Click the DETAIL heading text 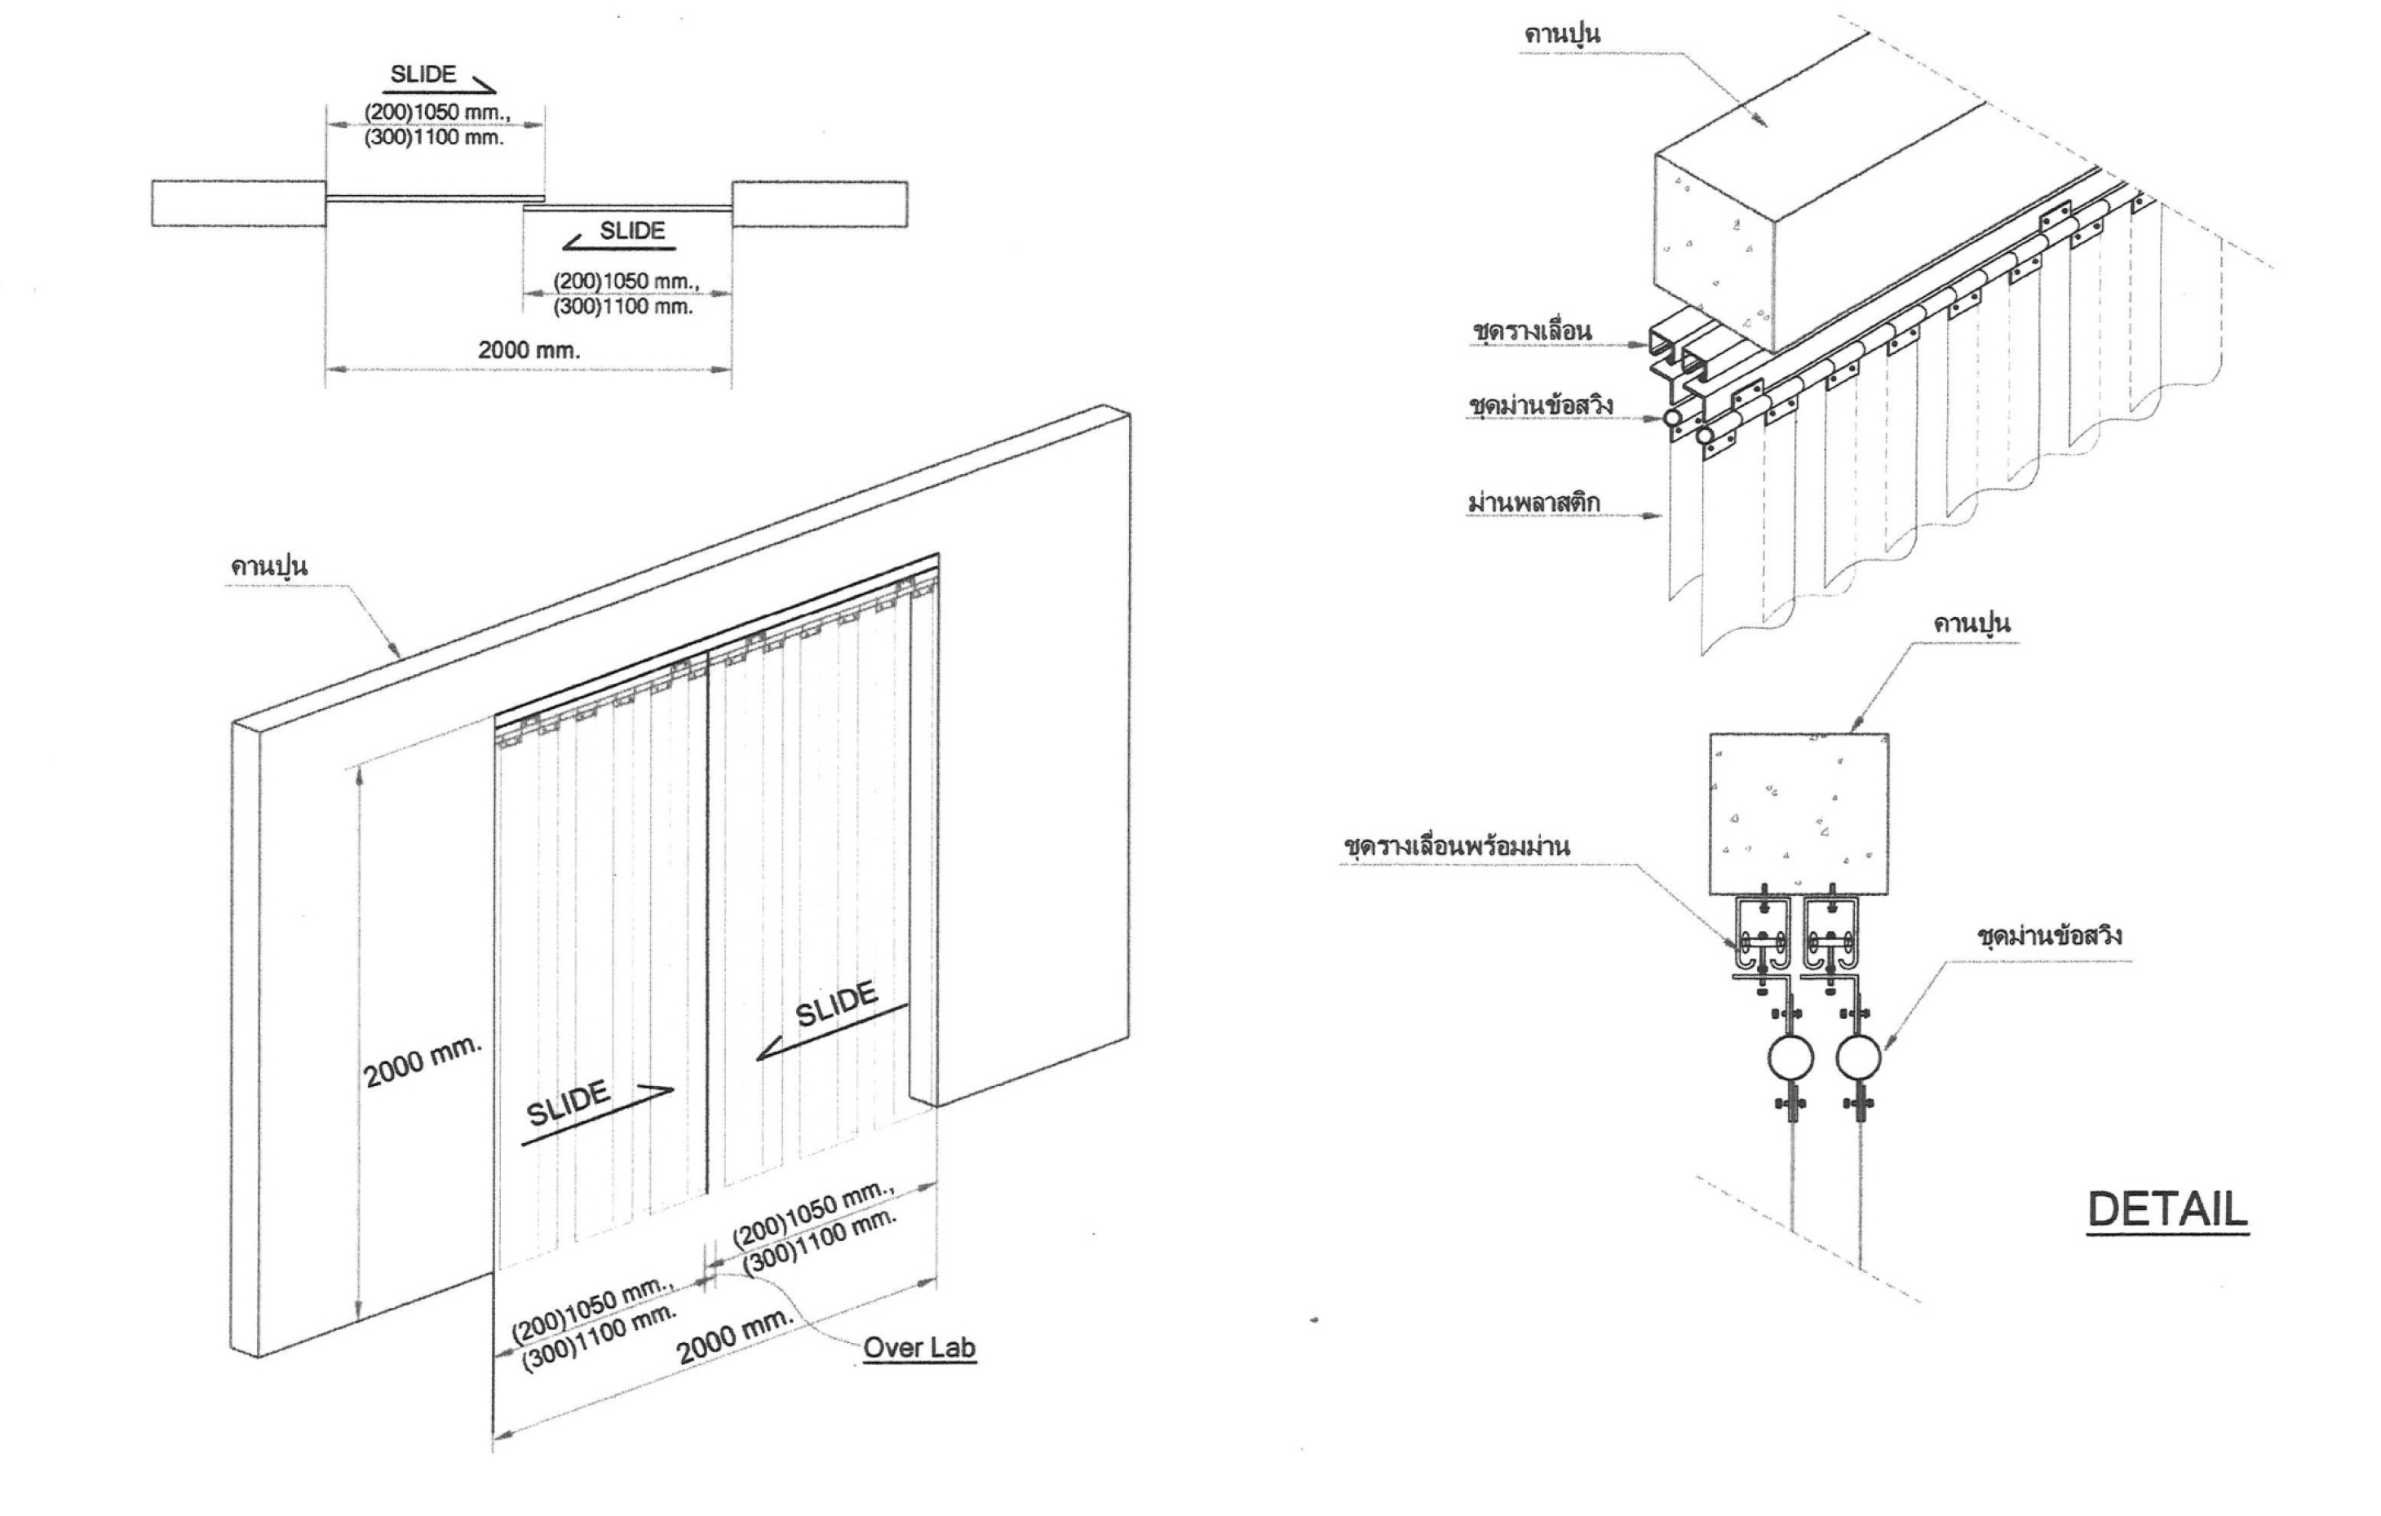coord(2167,1209)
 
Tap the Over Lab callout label coord(918,1347)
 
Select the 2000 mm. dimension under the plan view coord(529,349)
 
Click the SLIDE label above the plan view coord(423,74)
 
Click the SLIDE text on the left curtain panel coord(568,1104)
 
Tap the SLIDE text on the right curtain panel coord(837,1004)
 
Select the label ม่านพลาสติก coord(1533,503)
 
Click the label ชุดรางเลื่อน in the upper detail coord(1532,331)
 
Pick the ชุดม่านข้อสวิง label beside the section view coord(2049,936)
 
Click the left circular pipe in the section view coord(1790,1059)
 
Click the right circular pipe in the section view coord(1859,1059)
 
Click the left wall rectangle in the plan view coord(238,204)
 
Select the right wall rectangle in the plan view coord(820,204)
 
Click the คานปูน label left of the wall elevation coord(269,566)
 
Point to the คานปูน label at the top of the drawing coord(1562,33)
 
